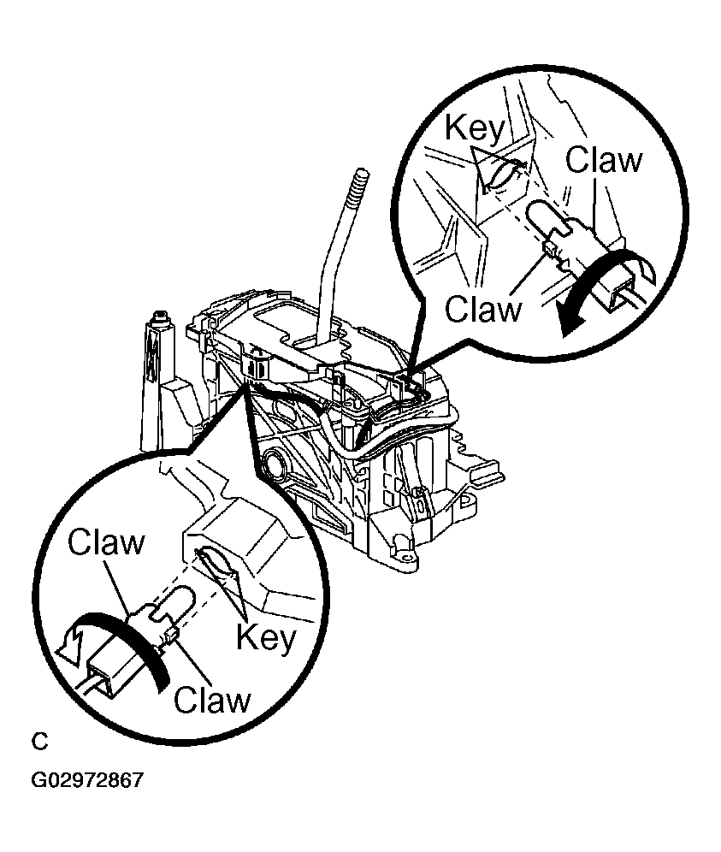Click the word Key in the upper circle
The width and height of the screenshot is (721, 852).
pyautogui.click(x=475, y=129)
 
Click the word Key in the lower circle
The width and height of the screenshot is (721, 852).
pyautogui.click(x=267, y=637)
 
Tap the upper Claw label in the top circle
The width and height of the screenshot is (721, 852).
pyautogui.click(x=604, y=160)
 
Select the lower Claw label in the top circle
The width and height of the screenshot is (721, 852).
pyautogui.click(x=483, y=309)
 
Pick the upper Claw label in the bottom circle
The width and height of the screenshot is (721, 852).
pyautogui.click(x=107, y=541)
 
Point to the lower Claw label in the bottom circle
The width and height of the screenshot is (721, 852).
pyautogui.click(x=212, y=700)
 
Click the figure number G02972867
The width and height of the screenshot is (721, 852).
pyautogui.click(x=87, y=780)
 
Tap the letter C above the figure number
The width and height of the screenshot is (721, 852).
pyautogui.click(x=39, y=742)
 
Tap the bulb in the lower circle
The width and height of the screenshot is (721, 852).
pyautogui.click(x=174, y=602)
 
